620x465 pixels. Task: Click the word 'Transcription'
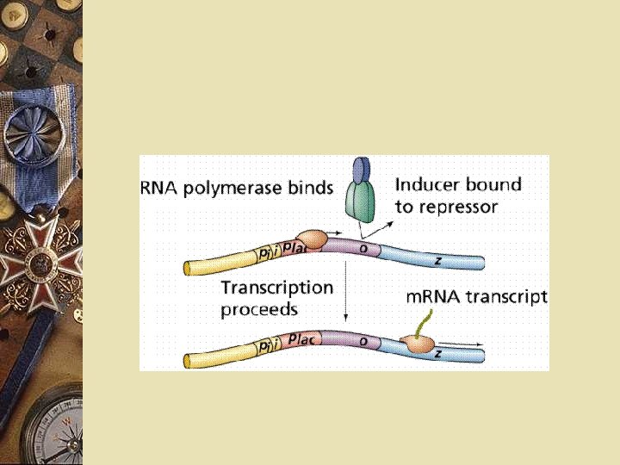276,288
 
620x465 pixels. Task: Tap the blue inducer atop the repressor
362,170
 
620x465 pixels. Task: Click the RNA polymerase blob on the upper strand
313,239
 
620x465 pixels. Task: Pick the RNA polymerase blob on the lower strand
421,344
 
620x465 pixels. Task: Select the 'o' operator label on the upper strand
363,248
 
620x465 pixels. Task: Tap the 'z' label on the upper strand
438,259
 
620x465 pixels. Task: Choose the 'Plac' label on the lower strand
302,338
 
